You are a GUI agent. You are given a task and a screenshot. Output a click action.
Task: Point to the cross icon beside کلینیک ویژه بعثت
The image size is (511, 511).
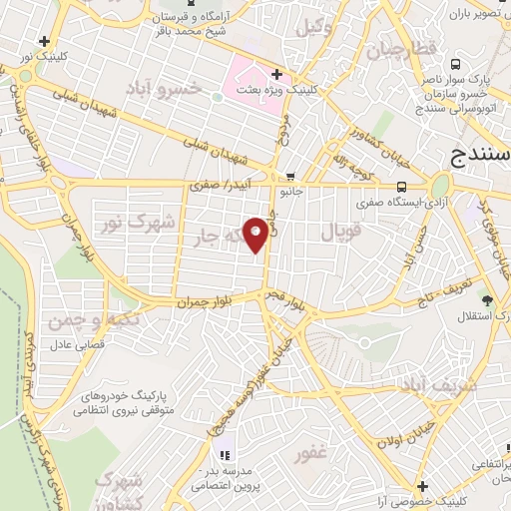(276, 75)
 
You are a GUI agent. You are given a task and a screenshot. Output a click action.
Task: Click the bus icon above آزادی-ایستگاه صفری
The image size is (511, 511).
(401, 186)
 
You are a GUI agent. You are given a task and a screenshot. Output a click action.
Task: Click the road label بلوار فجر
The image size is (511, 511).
(285, 295)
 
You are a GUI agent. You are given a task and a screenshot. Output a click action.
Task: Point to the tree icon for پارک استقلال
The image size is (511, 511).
(487, 300)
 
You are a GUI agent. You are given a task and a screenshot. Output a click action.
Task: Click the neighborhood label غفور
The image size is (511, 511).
(311, 452)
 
